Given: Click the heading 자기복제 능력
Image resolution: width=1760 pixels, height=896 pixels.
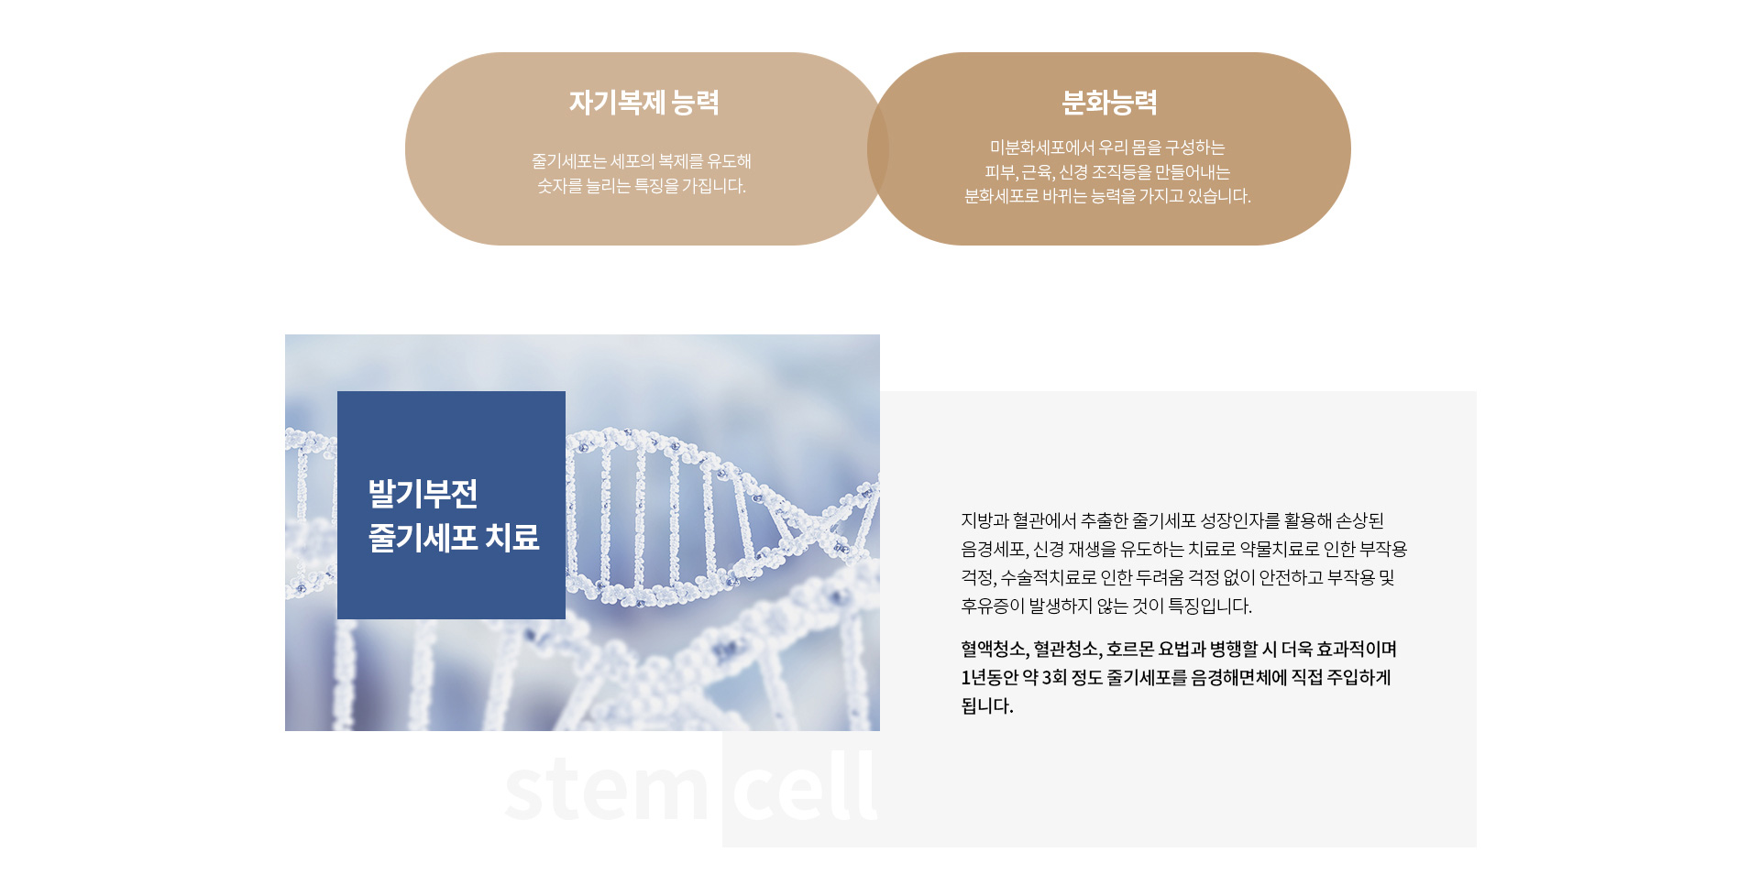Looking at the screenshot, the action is pyautogui.click(x=643, y=102).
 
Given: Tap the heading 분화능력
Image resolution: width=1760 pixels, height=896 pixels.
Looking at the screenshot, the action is pyautogui.click(x=1109, y=102).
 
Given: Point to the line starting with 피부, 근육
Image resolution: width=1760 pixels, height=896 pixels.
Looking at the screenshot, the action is pyautogui.click(x=1107, y=172).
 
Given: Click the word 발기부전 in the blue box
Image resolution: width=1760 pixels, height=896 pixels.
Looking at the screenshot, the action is pyautogui.click(x=423, y=494).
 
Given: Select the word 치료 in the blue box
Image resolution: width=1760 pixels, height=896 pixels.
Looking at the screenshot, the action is pyautogui.click(x=512, y=537).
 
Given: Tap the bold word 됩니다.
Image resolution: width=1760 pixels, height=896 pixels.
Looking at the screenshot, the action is pyautogui.click(x=987, y=706).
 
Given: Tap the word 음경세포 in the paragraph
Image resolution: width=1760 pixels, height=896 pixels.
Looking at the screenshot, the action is pyautogui.click(x=993, y=549).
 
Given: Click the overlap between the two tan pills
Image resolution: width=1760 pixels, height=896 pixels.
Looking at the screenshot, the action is pyautogui.click(x=878, y=148).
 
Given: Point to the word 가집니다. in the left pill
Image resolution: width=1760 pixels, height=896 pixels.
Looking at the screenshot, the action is pyautogui.click(x=714, y=186).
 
